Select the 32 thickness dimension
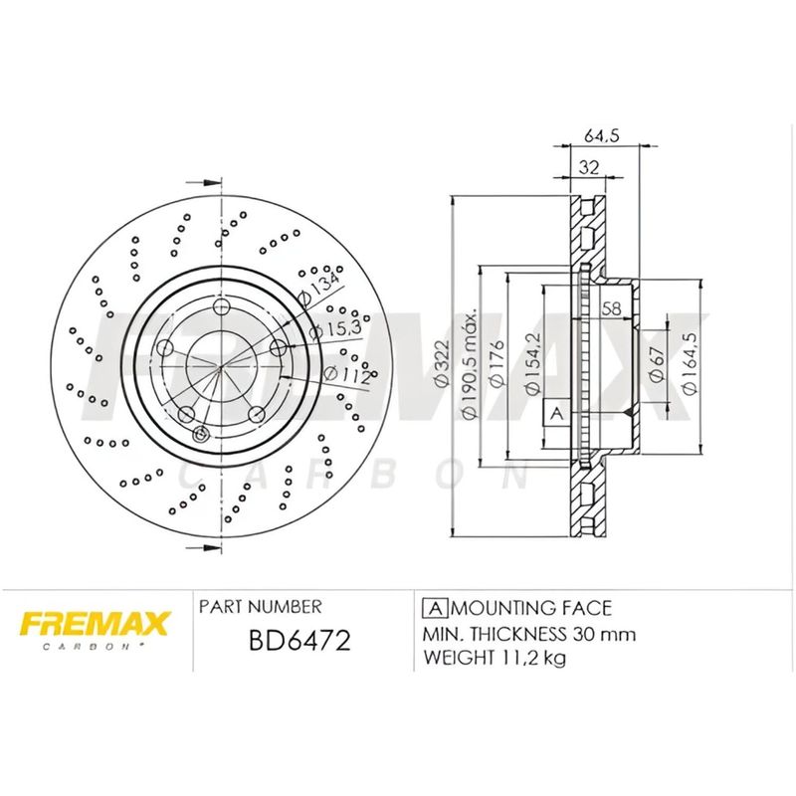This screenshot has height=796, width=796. pos(588,168)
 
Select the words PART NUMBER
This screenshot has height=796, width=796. pos(260,606)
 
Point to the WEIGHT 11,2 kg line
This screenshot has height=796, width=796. pos(495,658)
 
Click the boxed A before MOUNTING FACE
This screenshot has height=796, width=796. pos(433,607)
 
